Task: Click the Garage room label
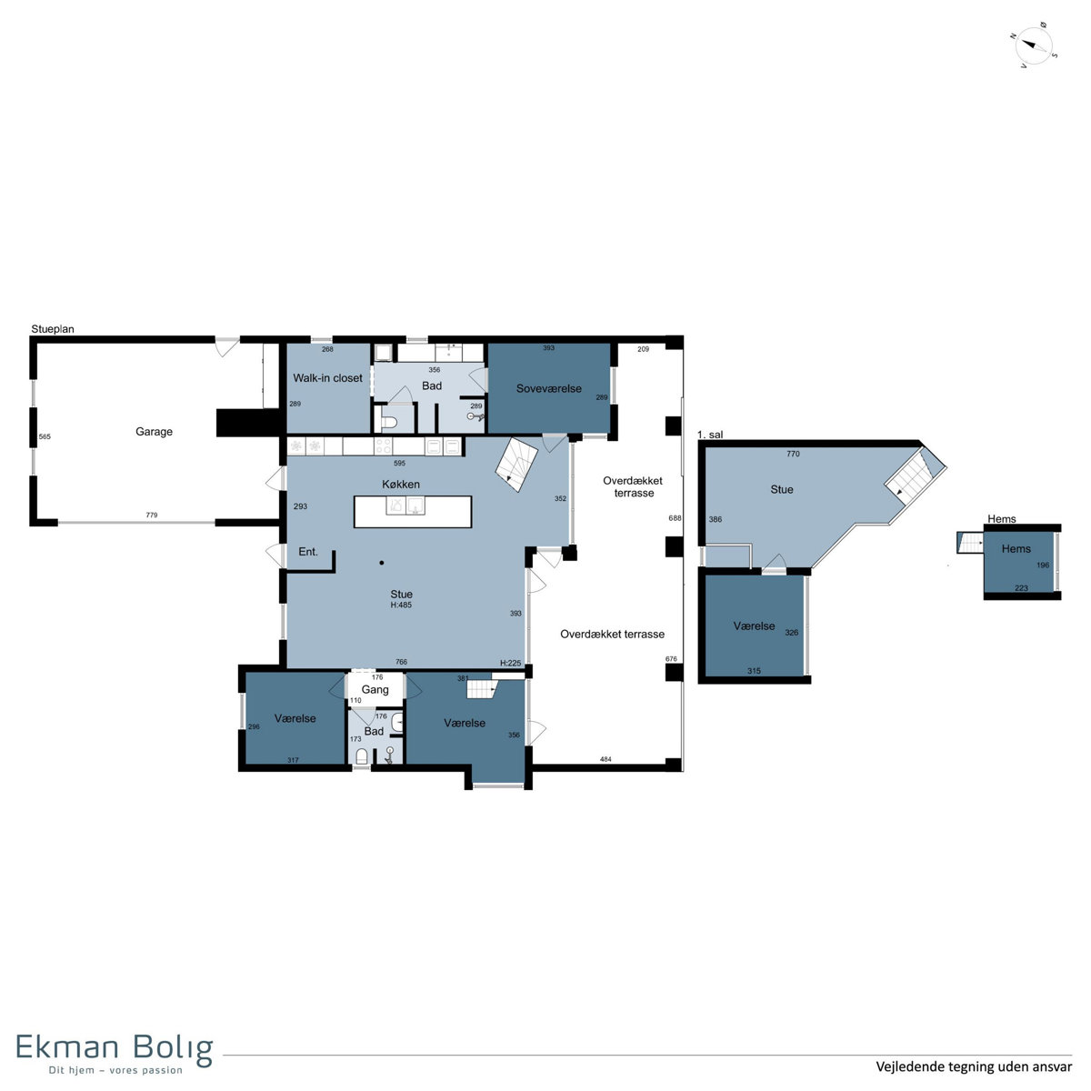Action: (154, 432)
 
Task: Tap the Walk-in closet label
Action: (327, 378)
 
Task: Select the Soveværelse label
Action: (548, 388)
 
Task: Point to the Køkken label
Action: (401, 484)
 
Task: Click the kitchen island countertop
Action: (413, 512)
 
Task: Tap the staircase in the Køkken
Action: (516, 465)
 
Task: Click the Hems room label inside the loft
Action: (1016, 548)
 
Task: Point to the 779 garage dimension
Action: (152, 515)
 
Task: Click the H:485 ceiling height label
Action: (401, 606)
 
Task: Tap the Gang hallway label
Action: (375, 689)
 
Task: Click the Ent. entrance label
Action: (308, 552)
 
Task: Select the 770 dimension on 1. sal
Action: (793, 454)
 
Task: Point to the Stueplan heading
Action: (53, 329)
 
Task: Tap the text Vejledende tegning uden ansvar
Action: (974, 1066)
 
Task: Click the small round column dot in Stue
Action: (382, 563)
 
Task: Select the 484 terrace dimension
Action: (606, 759)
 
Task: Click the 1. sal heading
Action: (710, 435)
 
